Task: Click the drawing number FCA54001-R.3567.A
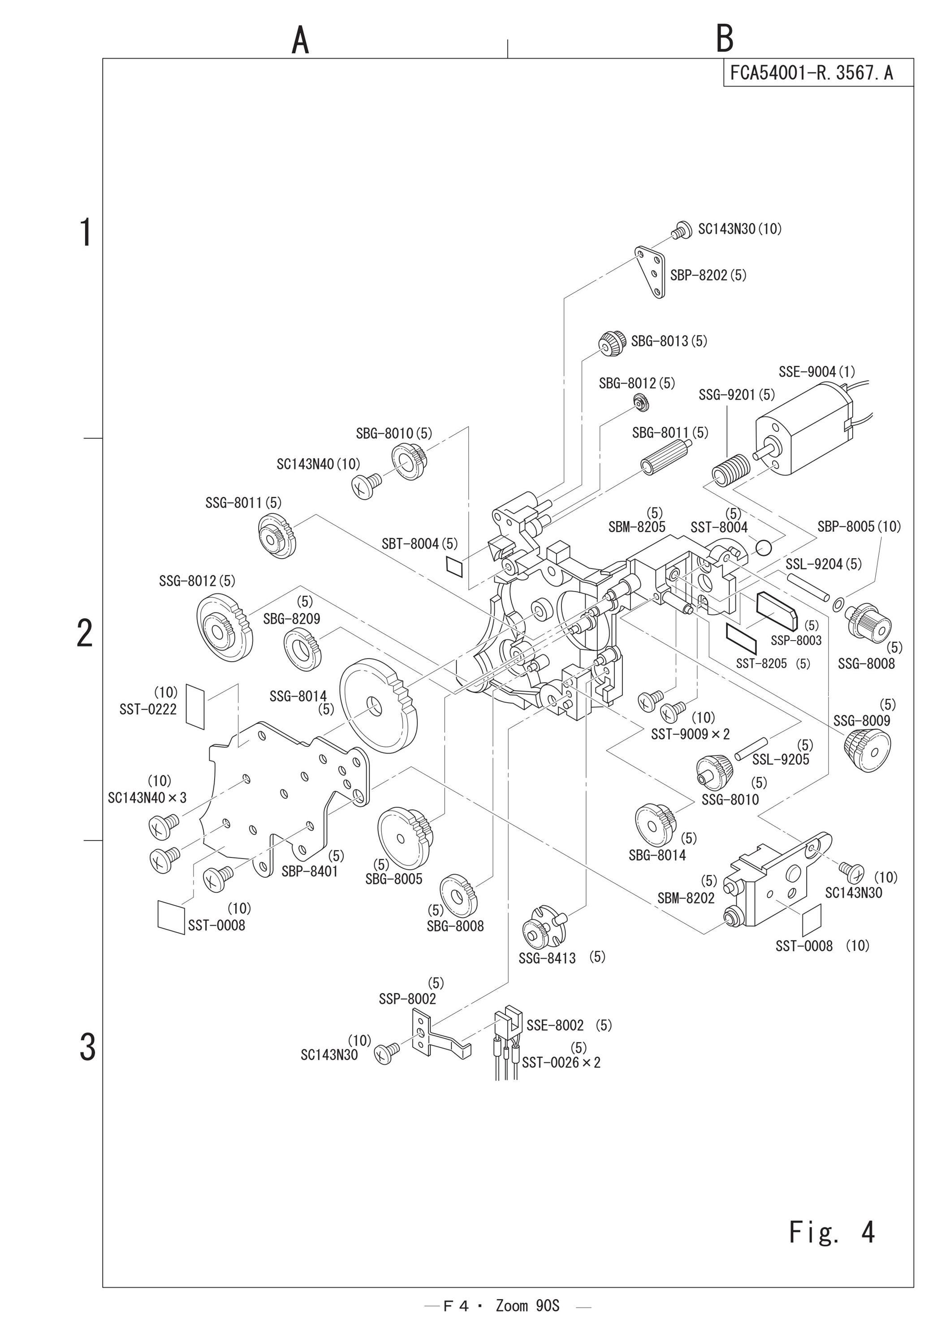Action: (x=812, y=73)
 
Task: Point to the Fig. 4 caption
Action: (x=832, y=1232)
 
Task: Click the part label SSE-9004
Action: (x=808, y=372)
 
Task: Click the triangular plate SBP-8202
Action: (x=652, y=273)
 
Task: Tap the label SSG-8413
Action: (x=547, y=958)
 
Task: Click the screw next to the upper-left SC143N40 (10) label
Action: (x=367, y=485)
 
